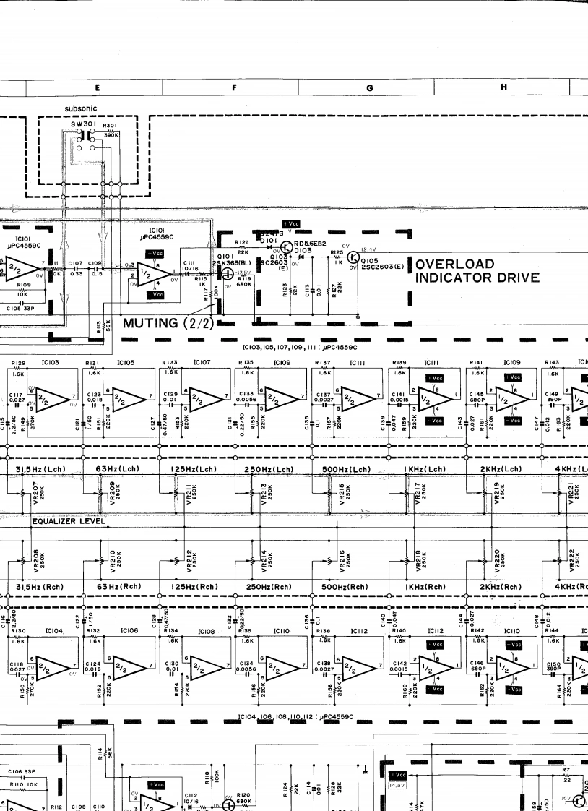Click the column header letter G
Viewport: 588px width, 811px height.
point(369,88)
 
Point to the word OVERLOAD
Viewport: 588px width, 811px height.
point(455,265)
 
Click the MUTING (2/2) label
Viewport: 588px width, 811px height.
point(168,322)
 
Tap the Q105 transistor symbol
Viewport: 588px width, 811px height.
point(354,258)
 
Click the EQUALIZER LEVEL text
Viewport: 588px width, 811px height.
point(69,520)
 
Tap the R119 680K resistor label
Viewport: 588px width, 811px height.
point(243,280)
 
